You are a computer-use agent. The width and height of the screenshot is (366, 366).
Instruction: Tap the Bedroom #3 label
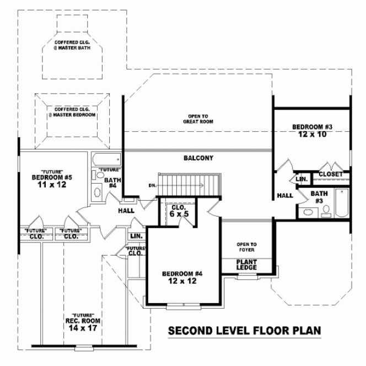tap(313, 127)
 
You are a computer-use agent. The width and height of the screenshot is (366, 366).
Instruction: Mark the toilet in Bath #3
tap(326, 211)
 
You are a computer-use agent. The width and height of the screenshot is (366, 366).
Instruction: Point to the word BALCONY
tap(198, 158)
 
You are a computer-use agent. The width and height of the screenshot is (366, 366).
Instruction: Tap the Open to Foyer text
tap(246, 246)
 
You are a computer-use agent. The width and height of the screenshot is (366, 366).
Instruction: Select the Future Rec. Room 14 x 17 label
tap(77, 322)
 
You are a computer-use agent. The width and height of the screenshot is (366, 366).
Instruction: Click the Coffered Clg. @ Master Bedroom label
tap(72, 112)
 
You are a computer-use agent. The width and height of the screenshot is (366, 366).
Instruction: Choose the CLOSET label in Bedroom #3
tap(331, 174)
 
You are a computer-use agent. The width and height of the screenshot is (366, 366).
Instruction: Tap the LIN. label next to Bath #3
tap(302, 180)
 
